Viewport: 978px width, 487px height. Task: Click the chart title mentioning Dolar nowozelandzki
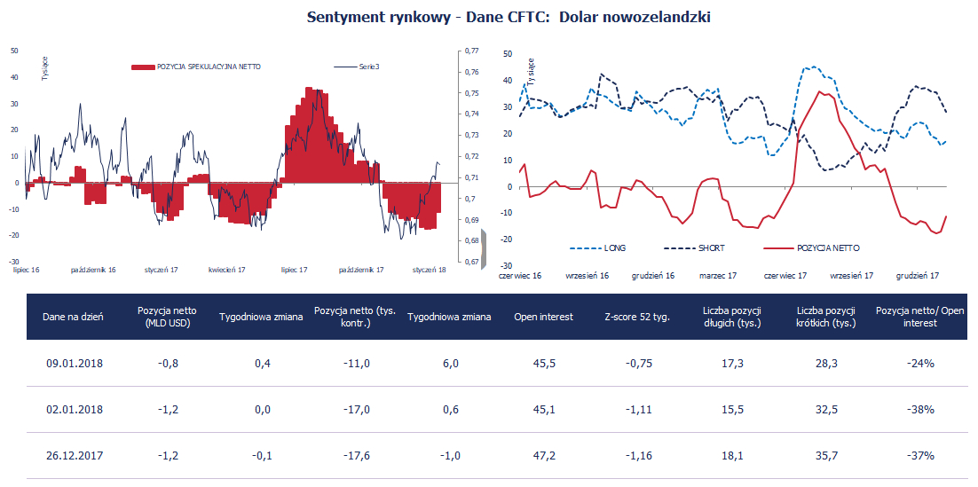pyautogui.click(x=509, y=17)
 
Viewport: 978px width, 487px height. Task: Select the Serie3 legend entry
pyautogui.click(x=369, y=67)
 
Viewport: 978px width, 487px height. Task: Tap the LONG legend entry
pyautogui.click(x=613, y=247)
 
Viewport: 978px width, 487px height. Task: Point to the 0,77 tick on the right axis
pyautogui.click(x=471, y=51)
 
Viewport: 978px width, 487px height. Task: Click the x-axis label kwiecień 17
pyautogui.click(x=227, y=269)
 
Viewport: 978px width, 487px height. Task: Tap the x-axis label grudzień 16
pyautogui.click(x=652, y=276)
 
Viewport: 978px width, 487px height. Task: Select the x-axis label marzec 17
pyautogui.click(x=718, y=276)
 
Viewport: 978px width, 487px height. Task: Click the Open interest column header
pyautogui.click(x=543, y=317)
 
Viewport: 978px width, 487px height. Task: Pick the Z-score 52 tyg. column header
pyautogui.click(x=636, y=317)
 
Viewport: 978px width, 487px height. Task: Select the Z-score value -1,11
pyautogui.click(x=636, y=410)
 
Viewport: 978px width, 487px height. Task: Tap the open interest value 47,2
pyautogui.click(x=543, y=455)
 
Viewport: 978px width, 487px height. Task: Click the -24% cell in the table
pyautogui.click(x=919, y=364)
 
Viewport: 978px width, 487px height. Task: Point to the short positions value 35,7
pyautogui.click(x=824, y=455)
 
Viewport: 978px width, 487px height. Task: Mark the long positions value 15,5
pyautogui.click(x=732, y=410)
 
